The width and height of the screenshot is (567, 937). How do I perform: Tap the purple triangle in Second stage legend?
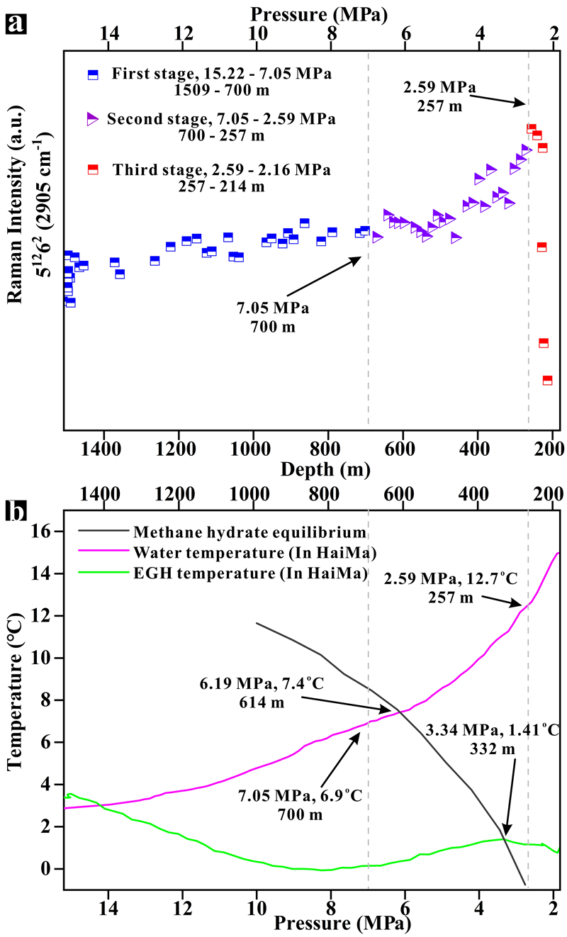(92, 119)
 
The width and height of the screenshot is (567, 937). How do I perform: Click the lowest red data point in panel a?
(547, 381)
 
